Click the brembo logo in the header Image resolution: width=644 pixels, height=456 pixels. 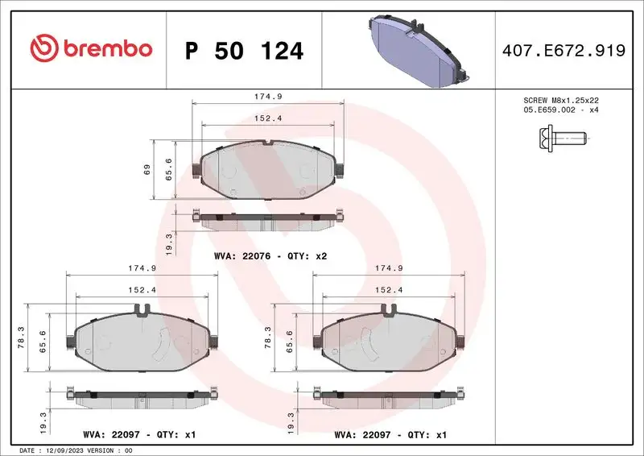tap(90, 49)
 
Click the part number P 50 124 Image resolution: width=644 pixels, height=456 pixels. tap(244, 52)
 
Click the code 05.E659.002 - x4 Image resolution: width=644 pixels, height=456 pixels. tap(559, 110)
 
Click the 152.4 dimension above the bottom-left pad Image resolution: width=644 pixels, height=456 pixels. tap(141, 289)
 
